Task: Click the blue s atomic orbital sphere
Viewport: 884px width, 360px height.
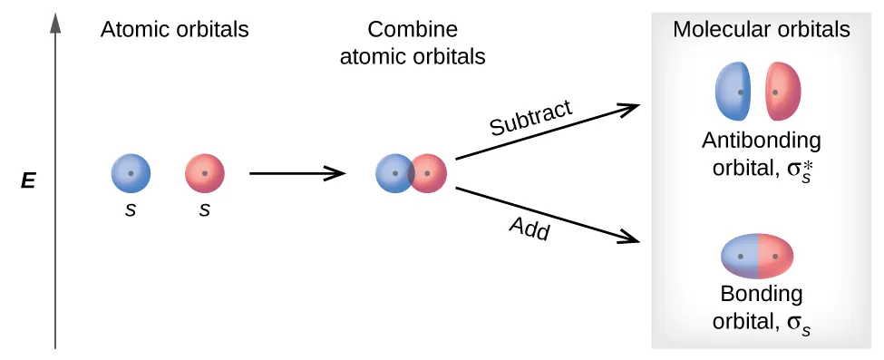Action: point(131,173)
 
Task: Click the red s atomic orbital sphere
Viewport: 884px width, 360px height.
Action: point(204,173)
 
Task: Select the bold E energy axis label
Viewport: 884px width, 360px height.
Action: point(28,181)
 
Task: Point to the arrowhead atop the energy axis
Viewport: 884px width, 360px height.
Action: point(56,23)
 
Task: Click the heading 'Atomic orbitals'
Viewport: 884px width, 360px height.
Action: point(174,30)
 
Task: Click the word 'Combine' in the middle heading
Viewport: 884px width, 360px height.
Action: point(413,30)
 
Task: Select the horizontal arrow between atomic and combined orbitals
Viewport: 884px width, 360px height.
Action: point(296,173)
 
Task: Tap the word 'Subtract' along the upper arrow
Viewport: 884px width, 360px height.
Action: point(530,119)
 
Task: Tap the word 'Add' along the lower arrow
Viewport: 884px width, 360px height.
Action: point(529,228)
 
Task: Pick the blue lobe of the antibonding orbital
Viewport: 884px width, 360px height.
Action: point(733,92)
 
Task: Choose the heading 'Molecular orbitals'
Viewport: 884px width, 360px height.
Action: point(761,30)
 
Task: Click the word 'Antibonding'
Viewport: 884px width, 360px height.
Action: point(761,141)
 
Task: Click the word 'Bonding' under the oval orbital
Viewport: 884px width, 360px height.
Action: point(762,295)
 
